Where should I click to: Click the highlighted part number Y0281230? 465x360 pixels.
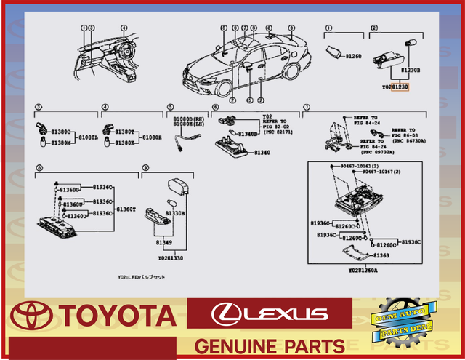396,86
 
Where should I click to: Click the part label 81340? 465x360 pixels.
262,153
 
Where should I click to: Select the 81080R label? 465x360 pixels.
151,137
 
